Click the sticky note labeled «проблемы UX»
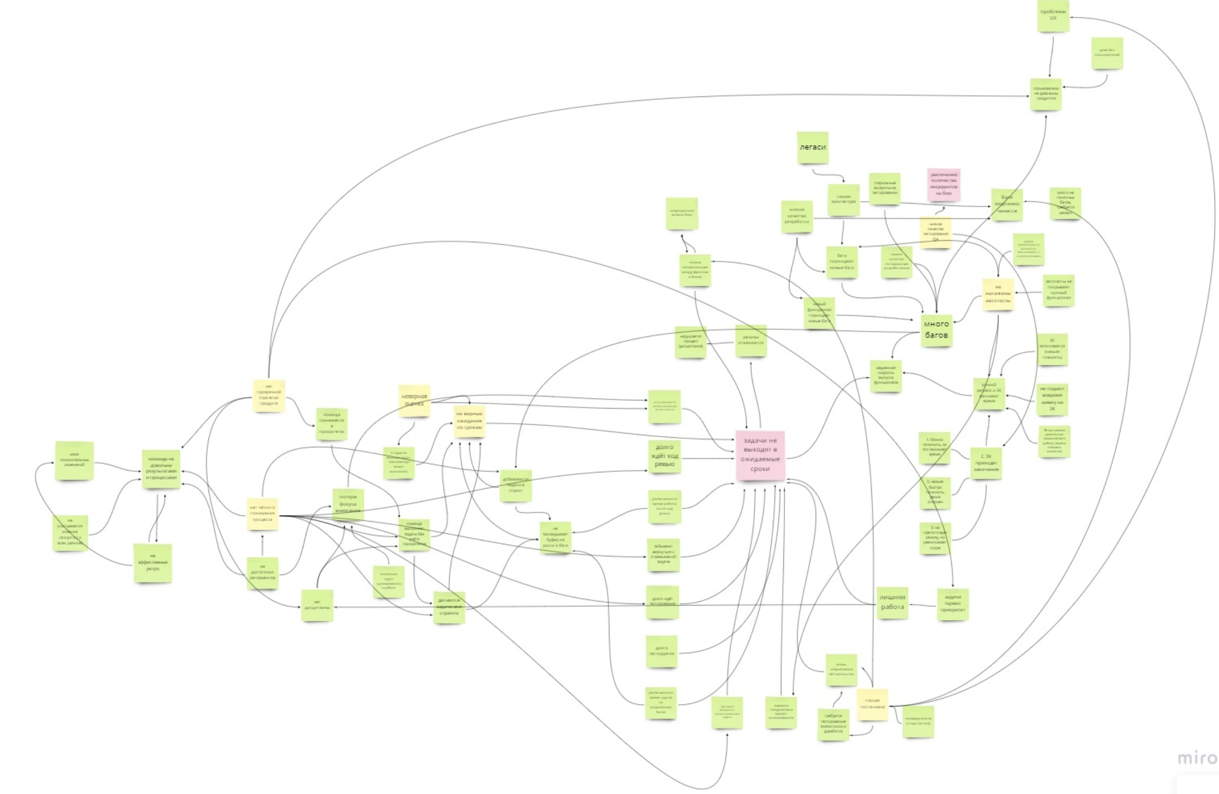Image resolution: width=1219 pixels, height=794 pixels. coord(1053,16)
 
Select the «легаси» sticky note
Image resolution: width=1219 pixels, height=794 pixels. coord(812,148)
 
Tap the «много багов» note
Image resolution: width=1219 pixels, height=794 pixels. coord(936,330)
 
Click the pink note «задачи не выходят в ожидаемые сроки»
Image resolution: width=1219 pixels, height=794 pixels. coord(760,455)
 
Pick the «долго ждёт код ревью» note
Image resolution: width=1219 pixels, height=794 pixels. coord(664,455)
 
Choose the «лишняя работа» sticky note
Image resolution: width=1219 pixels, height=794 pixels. coord(892,603)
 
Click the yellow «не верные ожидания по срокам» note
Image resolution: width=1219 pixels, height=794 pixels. coord(470,421)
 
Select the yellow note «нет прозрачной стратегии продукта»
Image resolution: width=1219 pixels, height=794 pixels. coord(269,395)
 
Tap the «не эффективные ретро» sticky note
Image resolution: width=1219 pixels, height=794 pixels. coord(153,562)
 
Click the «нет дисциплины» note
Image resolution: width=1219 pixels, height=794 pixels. coord(317,606)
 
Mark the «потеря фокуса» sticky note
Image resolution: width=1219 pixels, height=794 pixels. coord(348,504)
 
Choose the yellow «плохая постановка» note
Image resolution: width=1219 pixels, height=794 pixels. coord(872,705)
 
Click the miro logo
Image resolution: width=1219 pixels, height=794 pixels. coord(1197,758)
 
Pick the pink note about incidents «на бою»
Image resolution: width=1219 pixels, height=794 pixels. coord(944,184)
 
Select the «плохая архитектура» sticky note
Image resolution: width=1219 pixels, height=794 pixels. coord(843,200)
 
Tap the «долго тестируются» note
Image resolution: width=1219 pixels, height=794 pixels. coord(661,651)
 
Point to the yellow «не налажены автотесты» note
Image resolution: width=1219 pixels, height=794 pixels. coord(998,294)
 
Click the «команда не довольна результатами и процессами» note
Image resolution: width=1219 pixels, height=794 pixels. coord(161,469)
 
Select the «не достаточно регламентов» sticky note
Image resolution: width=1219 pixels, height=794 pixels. coord(262,572)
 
